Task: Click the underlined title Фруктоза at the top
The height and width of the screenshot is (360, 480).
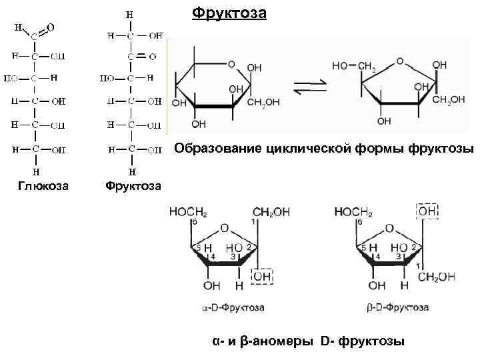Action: (x=229, y=13)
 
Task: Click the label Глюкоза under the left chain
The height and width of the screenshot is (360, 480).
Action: (x=43, y=185)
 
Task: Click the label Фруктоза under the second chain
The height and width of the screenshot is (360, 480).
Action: (x=133, y=185)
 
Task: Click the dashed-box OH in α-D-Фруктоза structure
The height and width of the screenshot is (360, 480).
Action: (x=261, y=275)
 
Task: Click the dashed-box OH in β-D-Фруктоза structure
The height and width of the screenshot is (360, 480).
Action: (x=428, y=211)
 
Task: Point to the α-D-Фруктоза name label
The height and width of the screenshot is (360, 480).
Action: (x=233, y=308)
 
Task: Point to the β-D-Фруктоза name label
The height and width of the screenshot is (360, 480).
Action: (x=398, y=308)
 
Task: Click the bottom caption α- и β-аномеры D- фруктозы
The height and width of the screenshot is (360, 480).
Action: (x=308, y=341)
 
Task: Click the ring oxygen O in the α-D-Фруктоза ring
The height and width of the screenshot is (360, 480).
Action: (x=225, y=228)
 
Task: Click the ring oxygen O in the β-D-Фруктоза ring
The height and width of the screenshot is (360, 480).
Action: (x=390, y=228)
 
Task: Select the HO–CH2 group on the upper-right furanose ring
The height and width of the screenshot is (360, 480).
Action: (x=353, y=66)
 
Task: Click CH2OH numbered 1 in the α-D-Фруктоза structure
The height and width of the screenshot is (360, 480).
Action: (x=271, y=212)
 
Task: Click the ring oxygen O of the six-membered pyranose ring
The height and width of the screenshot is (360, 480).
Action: (x=231, y=65)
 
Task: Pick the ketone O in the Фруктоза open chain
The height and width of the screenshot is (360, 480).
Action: (x=153, y=57)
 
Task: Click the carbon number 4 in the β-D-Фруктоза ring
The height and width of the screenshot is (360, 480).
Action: (x=377, y=256)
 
